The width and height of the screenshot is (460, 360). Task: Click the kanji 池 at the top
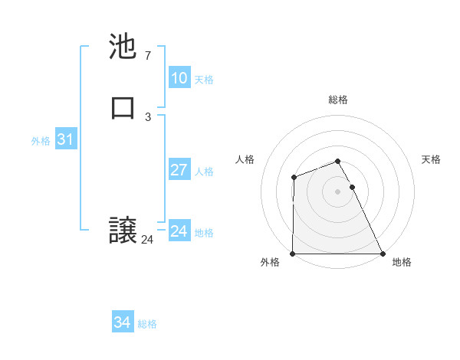pos(123,47)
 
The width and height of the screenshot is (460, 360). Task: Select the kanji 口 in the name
pos(123,108)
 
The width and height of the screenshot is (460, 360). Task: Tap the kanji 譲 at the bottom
pos(123,231)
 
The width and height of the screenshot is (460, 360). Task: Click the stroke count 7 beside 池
pos(147,55)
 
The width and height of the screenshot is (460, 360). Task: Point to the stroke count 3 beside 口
pos(147,116)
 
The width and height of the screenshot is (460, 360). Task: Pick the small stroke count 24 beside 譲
pos(147,239)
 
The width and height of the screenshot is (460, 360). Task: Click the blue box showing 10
pos(179,78)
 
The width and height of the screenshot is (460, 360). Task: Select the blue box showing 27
pos(179,170)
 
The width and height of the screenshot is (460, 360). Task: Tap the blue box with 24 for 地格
pos(179,231)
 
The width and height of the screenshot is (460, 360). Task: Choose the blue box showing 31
pos(65,140)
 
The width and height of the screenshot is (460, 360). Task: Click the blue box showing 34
pos(122,323)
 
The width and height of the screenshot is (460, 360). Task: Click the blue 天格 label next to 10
pos(204,79)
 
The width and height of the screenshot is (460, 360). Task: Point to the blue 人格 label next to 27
pos(204,171)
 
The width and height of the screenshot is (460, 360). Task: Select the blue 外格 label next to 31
pos(41,141)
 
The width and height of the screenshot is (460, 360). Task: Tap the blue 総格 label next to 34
pos(147,324)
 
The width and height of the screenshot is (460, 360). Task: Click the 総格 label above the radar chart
pos(338,100)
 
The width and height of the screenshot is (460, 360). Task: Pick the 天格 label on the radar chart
pos(431,159)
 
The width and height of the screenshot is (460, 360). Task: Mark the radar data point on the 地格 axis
pos(383,254)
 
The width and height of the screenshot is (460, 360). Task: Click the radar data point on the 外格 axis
pos(293,254)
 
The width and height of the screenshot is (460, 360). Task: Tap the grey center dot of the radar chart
pos(338,191)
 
